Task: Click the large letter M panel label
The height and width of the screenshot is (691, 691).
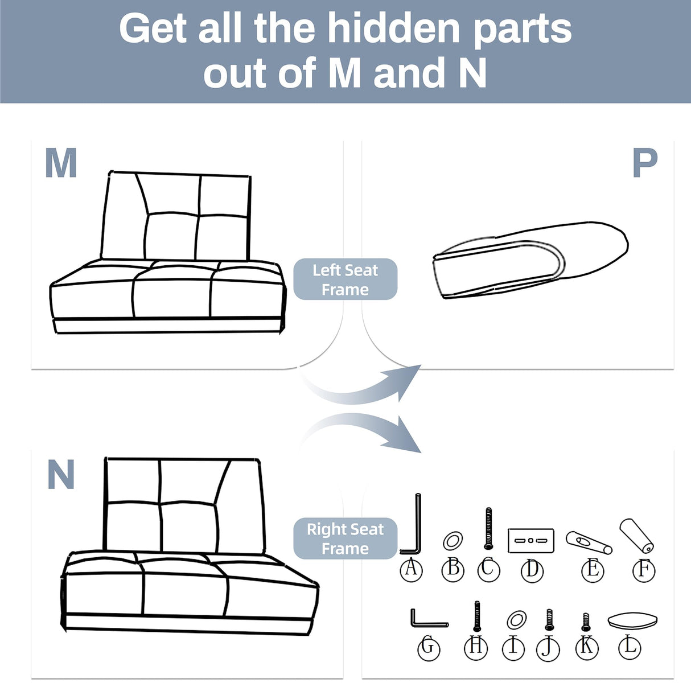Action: coord(61,163)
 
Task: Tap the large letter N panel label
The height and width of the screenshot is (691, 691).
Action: coord(61,474)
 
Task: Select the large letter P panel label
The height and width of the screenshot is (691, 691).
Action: coord(645,163)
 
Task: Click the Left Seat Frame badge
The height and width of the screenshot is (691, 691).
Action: coord(345,279)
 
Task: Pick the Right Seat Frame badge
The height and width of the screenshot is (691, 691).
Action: coord(345,538)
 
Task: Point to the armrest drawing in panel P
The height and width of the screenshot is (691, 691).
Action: coord(529,259)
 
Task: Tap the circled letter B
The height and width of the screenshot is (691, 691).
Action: coord(453,568)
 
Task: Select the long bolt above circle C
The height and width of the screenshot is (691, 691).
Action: coord(488,528)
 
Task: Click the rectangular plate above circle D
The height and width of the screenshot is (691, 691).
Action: coord(530,540)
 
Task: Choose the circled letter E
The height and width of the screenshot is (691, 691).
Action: coord(592,569)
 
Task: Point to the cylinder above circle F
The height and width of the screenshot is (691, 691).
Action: coord(636,536)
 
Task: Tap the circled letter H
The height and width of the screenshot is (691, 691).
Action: coord(476,647)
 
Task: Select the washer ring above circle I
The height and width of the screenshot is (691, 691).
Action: coord(516,619)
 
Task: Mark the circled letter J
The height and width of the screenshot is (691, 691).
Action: coord(548,648)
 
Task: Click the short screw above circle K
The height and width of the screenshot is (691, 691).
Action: coord(586,622)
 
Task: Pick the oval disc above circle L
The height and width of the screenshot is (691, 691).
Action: coord(632,620)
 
